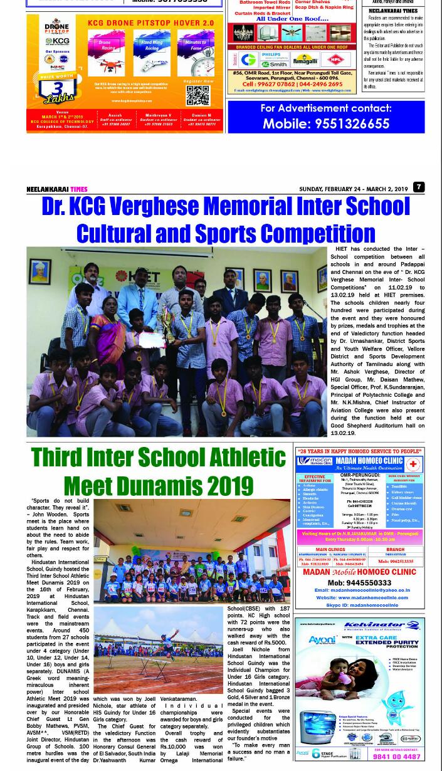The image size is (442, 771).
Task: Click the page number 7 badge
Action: tap(419, 187)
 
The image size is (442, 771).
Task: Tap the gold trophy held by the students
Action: tap(169, 322)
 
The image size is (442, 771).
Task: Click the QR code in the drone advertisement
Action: tap(197, 96)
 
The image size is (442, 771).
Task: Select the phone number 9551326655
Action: tap(326, 123)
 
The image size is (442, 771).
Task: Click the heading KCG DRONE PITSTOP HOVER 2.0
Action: tap(151, 23)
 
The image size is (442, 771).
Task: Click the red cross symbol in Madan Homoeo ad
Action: tap(413, 464)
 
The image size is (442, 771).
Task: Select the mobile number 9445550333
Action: tap(359, 582)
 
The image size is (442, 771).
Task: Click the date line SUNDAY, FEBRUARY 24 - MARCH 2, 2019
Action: tap(353, 189)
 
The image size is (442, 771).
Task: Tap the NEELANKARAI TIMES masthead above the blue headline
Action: tap(57, 189)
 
